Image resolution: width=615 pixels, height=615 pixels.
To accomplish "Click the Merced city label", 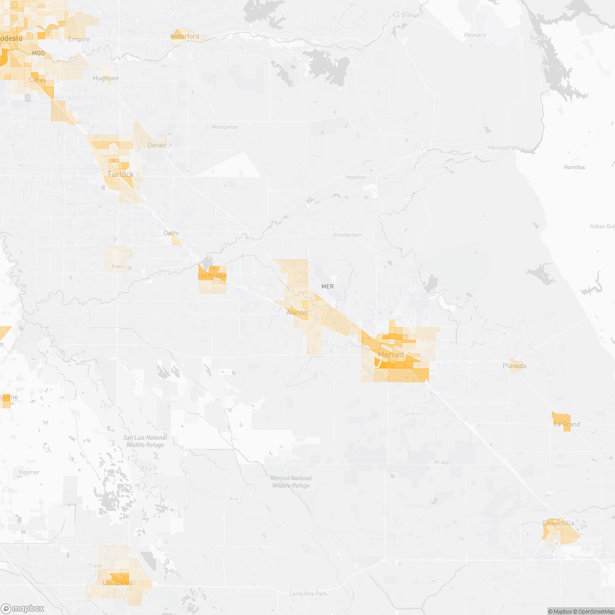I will point(391,355).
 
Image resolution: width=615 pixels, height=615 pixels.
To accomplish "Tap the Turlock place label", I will point(120,174).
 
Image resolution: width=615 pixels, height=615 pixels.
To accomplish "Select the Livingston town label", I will point(212,276).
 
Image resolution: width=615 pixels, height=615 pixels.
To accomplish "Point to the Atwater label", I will point(297,312).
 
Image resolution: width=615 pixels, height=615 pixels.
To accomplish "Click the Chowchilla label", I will point(558,523).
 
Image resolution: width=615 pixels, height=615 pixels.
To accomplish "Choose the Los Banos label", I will point(117,583).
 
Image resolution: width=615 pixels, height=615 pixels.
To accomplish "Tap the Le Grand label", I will point(567,424).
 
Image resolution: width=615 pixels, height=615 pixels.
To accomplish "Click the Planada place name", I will point(514,366).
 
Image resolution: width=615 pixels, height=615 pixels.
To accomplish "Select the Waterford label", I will point(184,36).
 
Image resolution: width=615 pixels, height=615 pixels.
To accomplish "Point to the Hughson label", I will point(106,78).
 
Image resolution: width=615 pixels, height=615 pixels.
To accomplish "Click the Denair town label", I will point(157,145).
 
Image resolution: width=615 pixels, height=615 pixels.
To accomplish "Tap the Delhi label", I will point(171,233).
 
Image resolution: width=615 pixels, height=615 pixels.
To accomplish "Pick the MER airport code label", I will point(327,286).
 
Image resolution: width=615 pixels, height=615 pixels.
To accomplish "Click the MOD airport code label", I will point(38,53).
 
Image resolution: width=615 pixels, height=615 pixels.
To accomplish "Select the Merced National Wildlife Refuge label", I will point(291,482).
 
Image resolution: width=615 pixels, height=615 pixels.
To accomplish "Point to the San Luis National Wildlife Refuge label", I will point(145,441).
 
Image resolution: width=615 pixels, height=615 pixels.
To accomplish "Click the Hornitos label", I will point(574,168).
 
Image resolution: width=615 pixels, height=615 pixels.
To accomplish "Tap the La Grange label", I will point(406,15).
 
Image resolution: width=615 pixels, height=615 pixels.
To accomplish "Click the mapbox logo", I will point(23,608).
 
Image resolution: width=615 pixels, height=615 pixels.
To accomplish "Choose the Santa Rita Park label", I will point(307,594).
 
